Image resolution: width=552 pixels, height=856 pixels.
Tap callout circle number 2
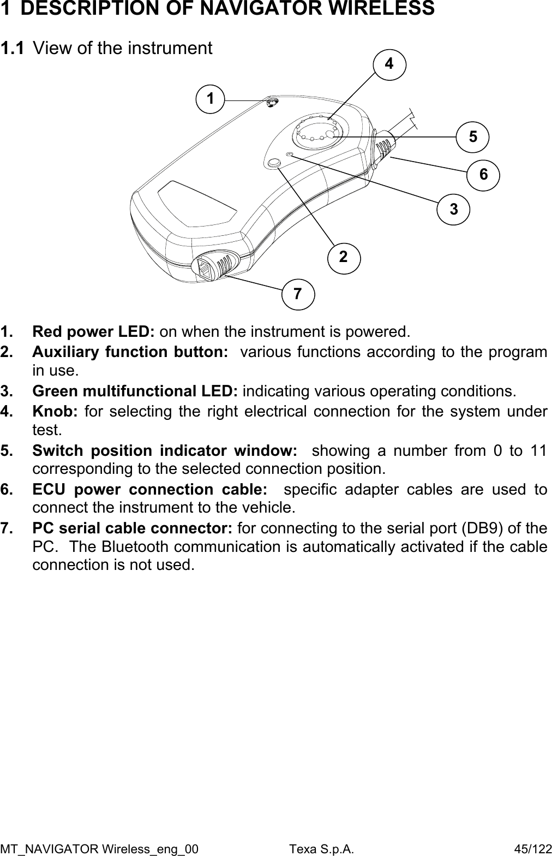(x=344, y=257)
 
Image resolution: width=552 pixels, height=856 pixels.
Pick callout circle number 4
(x=389, y=64)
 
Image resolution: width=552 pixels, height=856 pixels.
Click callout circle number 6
(x=483, y=175)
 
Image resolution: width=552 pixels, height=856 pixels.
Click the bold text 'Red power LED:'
(x=94, y=331)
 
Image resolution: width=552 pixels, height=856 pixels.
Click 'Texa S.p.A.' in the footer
(x=321, y=849)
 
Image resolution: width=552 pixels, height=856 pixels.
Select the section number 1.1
(x=12, y=49)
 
